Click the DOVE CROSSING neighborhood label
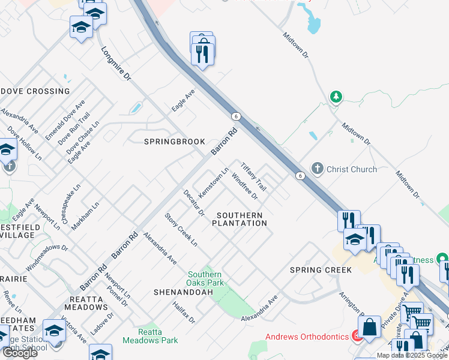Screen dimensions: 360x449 pyautogui.click(x=36, y=91)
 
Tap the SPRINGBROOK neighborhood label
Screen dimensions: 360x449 pyautogui.click(x=175, y=142)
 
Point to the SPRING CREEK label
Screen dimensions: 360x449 pyautogui.click(x=321, y=270)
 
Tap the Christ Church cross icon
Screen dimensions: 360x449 pyautogui.click(x=318, y=169)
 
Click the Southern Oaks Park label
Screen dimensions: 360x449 pyautogui.click(x=205, y=278)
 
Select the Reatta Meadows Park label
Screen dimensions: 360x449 pyautogui.click(x=150, y=335)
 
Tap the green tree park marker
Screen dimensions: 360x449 pyautogui.click(x=336, y=97)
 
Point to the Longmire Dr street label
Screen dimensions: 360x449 pyautogui.click(x=116, y=65)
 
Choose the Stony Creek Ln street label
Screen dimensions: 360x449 pyautogui.click(x=181, y=230)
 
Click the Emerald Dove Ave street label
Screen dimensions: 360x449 pyautogui.click(x=58, y=121)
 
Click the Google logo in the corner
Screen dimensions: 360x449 pyautogui.click(x=19, y=353)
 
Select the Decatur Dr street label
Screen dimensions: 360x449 pyautogui.click(x=194, y=204)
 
